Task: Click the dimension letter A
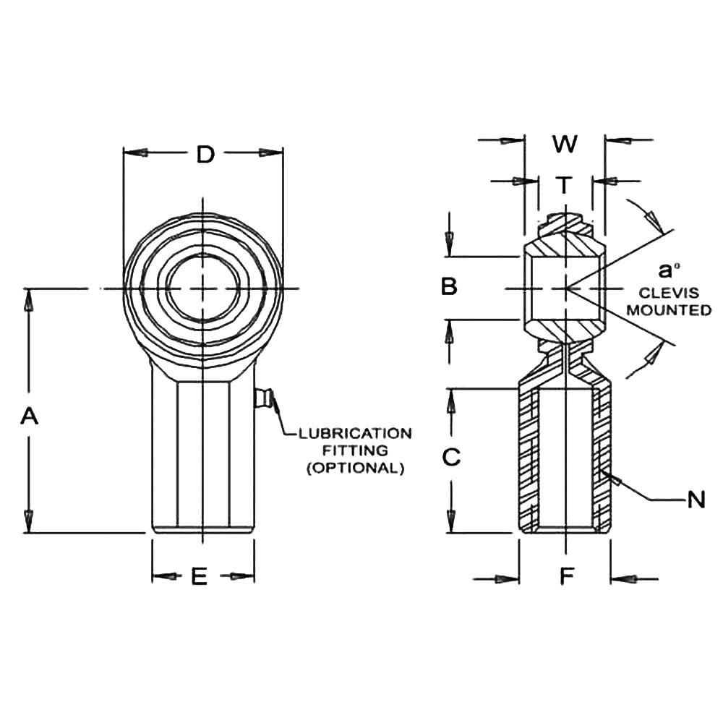point(29,416)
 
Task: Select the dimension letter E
point(200,576)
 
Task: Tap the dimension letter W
point(565,144)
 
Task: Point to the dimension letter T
point(565,186)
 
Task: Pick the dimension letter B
point(449,287)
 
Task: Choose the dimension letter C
point(450,458)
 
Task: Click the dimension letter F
point(568,576)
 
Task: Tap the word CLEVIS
point(669,294)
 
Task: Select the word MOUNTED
point(669,310)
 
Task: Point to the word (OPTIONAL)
point(355,468)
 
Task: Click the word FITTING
point(355,450)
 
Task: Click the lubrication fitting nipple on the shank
point(263,398)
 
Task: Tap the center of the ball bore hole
point(203,288)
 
